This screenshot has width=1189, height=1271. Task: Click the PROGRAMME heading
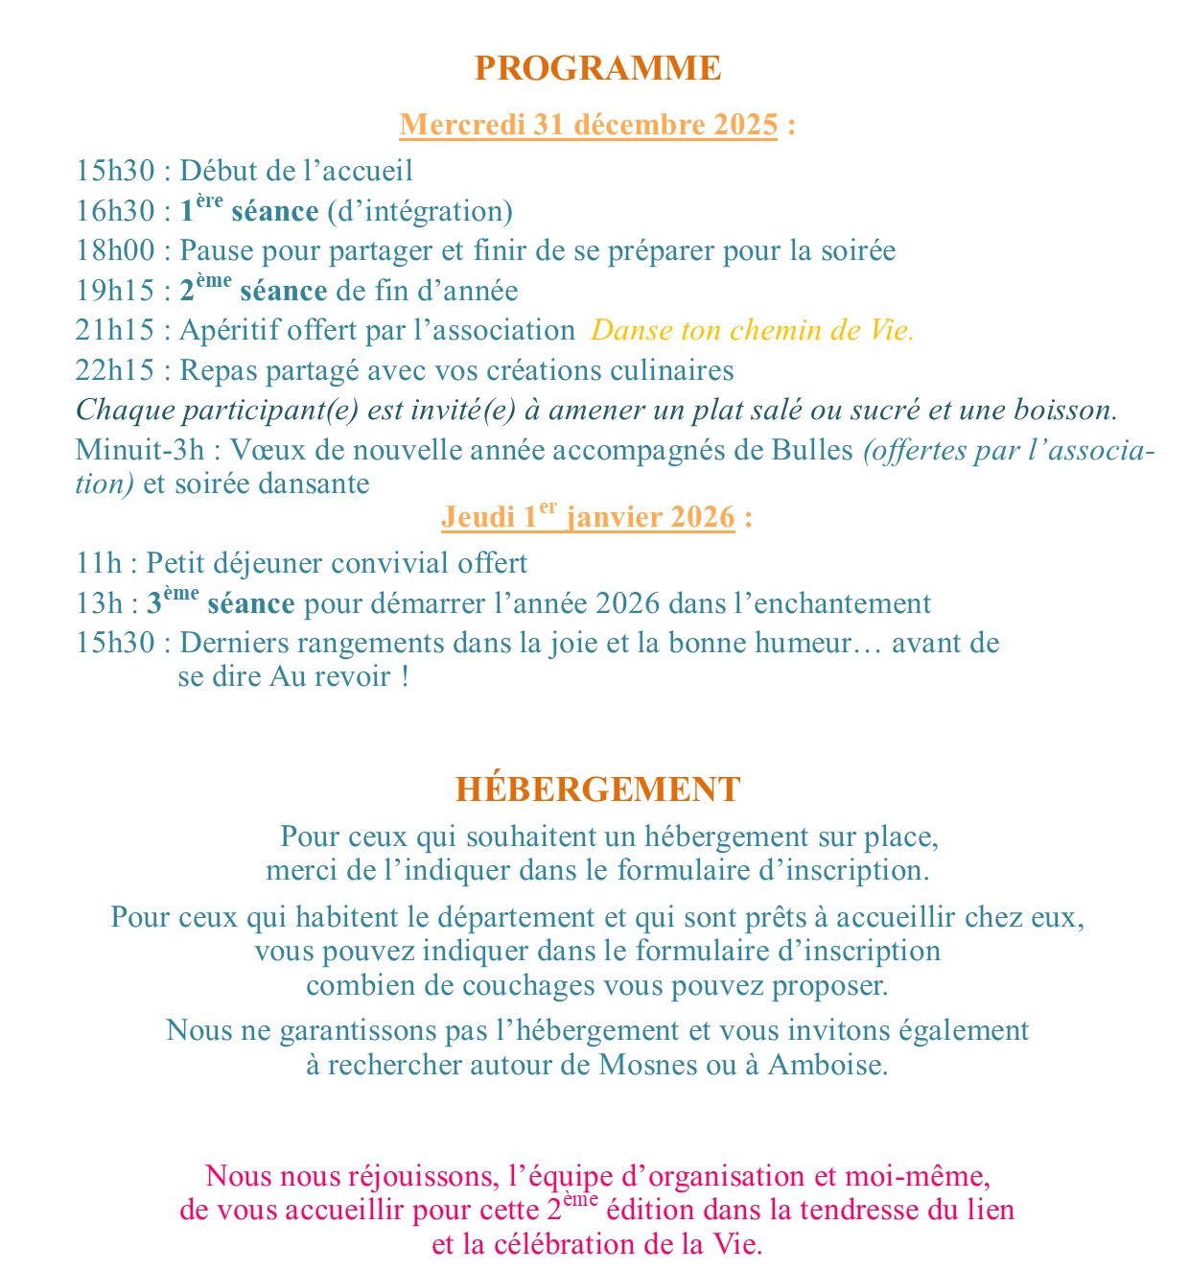point(597,68)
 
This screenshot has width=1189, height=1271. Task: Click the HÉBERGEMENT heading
point(597,789)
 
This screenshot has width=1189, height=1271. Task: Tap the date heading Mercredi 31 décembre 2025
point(588,125)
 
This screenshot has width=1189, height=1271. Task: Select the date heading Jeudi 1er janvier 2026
point(588,517)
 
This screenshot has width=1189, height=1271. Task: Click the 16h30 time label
point(115,211)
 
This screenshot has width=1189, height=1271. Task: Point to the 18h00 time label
point(115,250)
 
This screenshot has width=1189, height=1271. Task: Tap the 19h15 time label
point(115,291)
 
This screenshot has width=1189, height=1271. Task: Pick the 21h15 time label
point(115,330)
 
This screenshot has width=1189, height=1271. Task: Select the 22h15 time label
point(115,370)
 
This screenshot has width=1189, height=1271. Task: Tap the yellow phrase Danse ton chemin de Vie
point(752,330)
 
